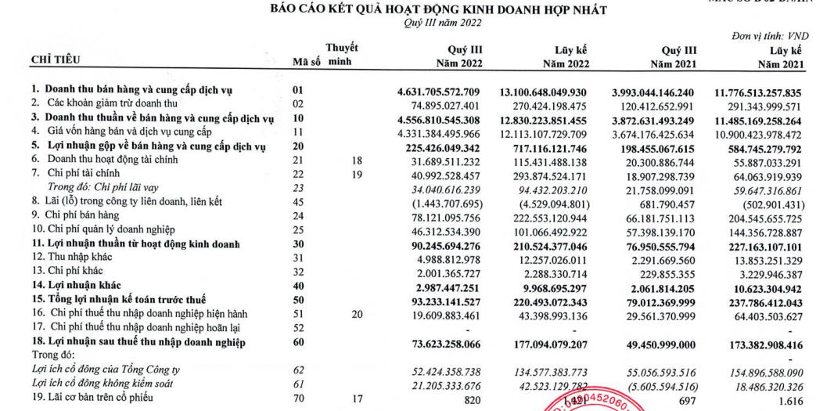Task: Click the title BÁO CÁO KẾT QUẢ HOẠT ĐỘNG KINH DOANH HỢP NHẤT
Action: [x=437, y=10]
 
